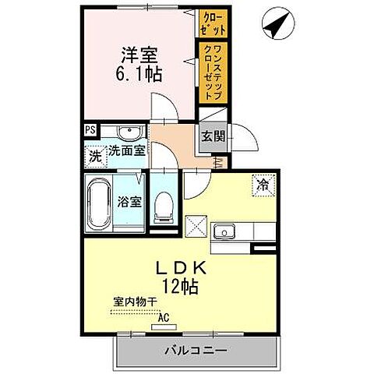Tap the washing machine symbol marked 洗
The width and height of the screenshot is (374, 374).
click(x=94, y=154)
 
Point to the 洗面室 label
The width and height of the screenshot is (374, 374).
click(x=127, y=150)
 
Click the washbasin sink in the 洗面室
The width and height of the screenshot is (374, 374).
click(x=129, y=131)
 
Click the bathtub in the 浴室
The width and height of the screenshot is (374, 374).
click(x=97, y=205)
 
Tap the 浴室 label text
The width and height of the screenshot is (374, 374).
click(x=129, y=202)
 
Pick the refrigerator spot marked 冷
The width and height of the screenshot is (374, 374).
click(x=263, y=185)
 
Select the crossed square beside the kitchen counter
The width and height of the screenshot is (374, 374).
click(x=196, y=231)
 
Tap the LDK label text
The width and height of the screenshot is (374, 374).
click(x=179, y=267)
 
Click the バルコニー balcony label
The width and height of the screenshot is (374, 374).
click(x=195, y=351)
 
